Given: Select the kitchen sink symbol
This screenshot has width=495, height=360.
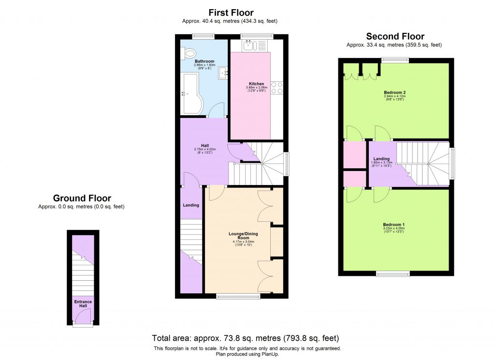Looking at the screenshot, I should [x=249, y=45].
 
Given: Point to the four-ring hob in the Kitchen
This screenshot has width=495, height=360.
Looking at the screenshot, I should [x=277, y=87].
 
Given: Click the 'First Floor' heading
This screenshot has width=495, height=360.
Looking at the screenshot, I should [x=231, y=13].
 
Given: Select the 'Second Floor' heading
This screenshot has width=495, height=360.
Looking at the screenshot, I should [x=395, y=36].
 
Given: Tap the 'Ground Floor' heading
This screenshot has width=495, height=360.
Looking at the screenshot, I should [x=82, y=198].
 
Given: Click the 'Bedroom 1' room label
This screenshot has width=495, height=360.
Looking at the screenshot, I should [x=393, y=225].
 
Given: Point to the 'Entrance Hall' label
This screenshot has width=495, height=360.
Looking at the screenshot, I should [x=83, y=304].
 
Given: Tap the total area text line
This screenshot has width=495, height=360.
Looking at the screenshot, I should [x=246, y=338].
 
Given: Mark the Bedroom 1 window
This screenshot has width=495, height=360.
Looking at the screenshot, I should [x=393, y=274].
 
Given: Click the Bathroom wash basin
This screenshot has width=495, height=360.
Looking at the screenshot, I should [x=222, y=73].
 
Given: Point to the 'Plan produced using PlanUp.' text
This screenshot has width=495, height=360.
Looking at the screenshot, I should [x=247, y=354].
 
